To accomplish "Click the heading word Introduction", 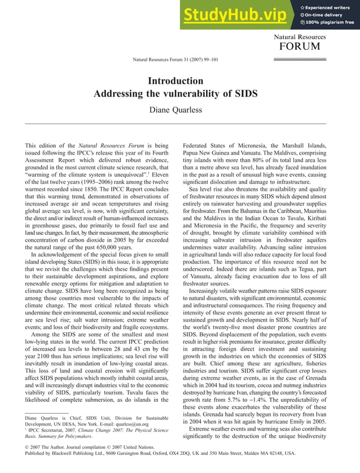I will click(x=175, y=81).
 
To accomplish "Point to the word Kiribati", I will click(x=314, y=218).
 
